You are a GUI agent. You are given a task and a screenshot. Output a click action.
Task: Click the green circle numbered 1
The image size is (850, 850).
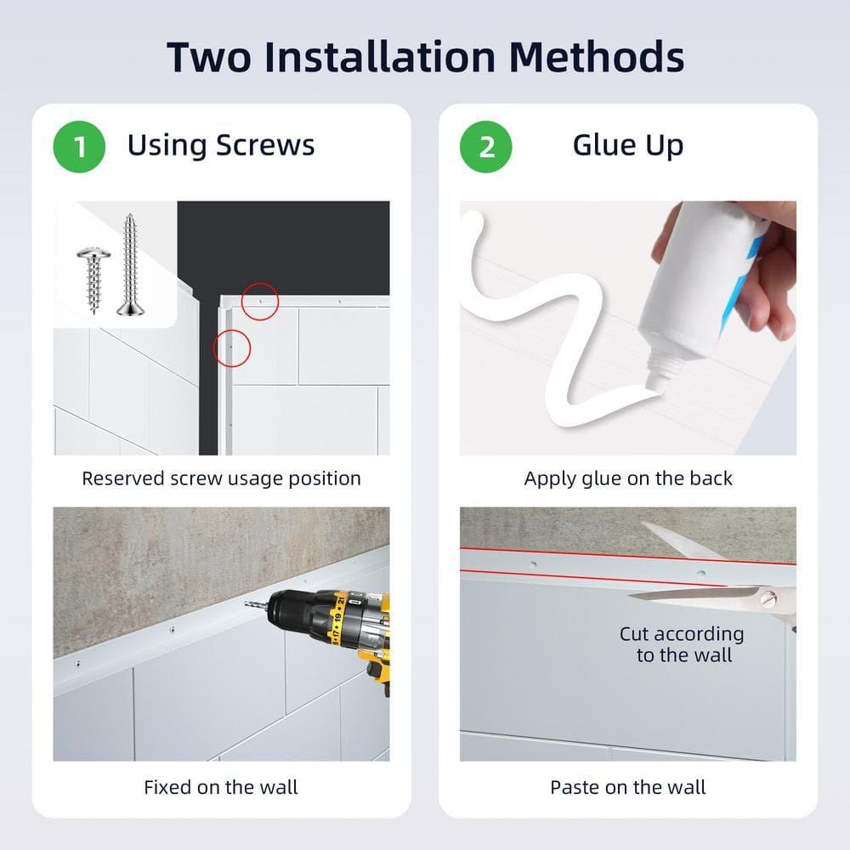tap(79, 146)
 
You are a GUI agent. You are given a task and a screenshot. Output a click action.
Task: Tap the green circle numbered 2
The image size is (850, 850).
tap(485, 146)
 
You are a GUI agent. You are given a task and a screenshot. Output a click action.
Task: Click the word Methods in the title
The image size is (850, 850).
tap(597, 57)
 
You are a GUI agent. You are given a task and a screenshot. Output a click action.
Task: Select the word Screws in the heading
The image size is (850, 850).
tap(265, 145)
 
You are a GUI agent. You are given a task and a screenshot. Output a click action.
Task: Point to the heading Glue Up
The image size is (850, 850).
tap(628, 146)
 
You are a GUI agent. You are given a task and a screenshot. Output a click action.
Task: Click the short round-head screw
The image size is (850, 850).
tap(93, 279)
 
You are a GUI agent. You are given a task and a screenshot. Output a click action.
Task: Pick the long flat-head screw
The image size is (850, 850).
tap(130, 264)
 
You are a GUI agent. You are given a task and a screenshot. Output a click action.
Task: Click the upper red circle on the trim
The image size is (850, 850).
tap(259, 301)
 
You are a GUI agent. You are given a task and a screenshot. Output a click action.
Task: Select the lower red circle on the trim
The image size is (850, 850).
tap(232, 348)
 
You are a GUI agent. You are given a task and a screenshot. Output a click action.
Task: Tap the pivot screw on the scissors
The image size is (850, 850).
tap(768, 599)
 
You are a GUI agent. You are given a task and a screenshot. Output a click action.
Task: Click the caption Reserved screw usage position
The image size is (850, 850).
tap(221, 479)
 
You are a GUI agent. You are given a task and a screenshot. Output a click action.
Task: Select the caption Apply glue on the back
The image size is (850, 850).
tap(628, 479)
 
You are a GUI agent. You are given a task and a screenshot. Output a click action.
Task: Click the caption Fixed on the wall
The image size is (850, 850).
tap(221, 787)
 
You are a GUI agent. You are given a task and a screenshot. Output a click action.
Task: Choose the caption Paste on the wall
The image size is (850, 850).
tap(628, 787)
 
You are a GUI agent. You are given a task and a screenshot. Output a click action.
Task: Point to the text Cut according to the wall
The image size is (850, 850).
tap(682, 644)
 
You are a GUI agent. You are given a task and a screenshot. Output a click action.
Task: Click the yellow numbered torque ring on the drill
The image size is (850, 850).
tap(337, 620)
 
